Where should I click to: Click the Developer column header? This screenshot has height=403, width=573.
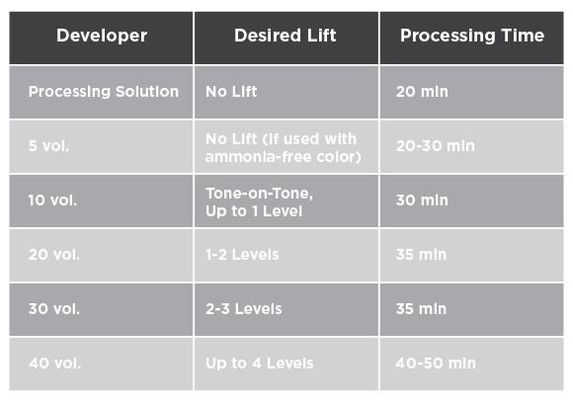102,36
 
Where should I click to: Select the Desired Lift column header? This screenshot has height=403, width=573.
286,36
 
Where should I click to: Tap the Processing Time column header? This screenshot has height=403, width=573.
472,36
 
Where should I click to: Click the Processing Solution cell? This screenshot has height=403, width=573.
104,91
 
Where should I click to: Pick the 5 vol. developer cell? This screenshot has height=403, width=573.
48,146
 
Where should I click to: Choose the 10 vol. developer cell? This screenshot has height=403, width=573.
52,201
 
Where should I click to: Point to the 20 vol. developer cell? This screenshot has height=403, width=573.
54,254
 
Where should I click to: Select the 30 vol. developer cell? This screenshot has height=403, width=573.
54,309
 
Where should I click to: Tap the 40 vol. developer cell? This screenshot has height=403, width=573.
54,363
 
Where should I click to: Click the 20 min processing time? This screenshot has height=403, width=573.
422,91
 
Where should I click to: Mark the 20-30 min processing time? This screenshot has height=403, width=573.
436,146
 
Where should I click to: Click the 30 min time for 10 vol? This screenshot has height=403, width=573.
422,201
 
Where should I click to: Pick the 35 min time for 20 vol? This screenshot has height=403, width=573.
421,254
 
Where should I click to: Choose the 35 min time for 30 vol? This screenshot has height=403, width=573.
421,309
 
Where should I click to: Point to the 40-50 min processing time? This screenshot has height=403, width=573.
436,363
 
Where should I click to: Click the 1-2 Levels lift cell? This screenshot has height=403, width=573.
242,254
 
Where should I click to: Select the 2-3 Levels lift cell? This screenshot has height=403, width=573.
243,309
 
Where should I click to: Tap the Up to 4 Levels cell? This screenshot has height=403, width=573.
260,363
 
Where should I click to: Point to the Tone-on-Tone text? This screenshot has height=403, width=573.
259,194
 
